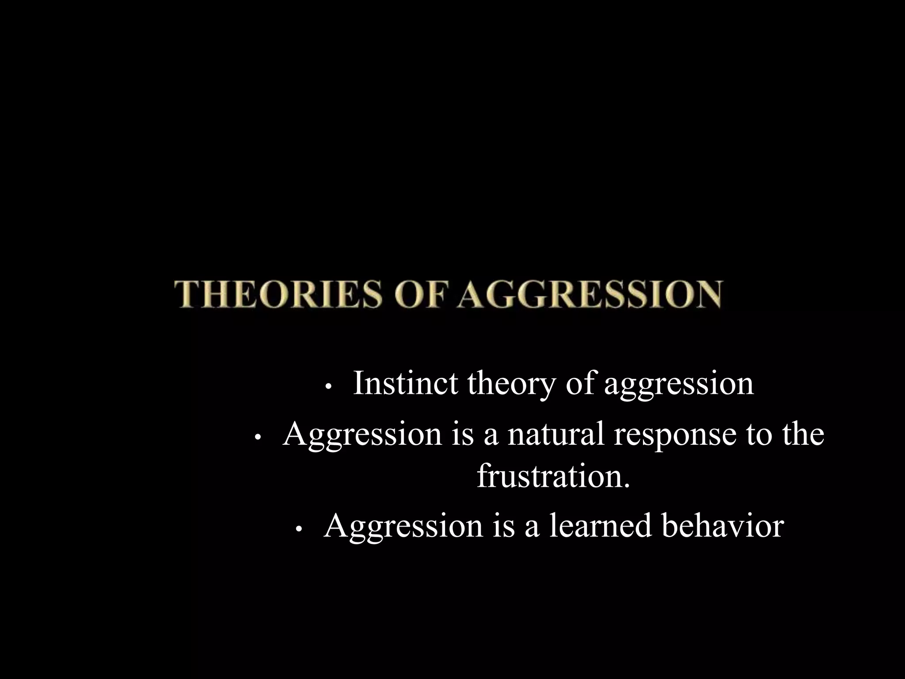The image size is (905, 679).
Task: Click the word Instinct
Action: click(405, 383)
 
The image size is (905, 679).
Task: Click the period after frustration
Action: click(625, 485)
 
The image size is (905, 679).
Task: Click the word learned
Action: click(601, 526)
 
